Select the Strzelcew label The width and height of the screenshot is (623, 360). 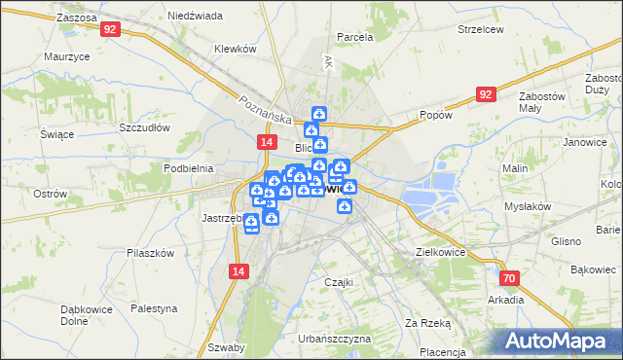(480, 29)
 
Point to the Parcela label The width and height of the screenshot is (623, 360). (354, 37)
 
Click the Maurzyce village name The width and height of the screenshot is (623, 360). (67, 56)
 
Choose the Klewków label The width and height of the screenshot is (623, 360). (235, 49)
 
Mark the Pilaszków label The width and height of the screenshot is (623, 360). (150, 253)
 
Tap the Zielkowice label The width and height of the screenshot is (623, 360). (440, 251)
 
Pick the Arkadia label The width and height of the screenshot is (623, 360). (506, 300)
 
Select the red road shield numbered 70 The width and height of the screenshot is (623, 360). (511, 277)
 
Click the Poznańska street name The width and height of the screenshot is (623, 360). (266, 107)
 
